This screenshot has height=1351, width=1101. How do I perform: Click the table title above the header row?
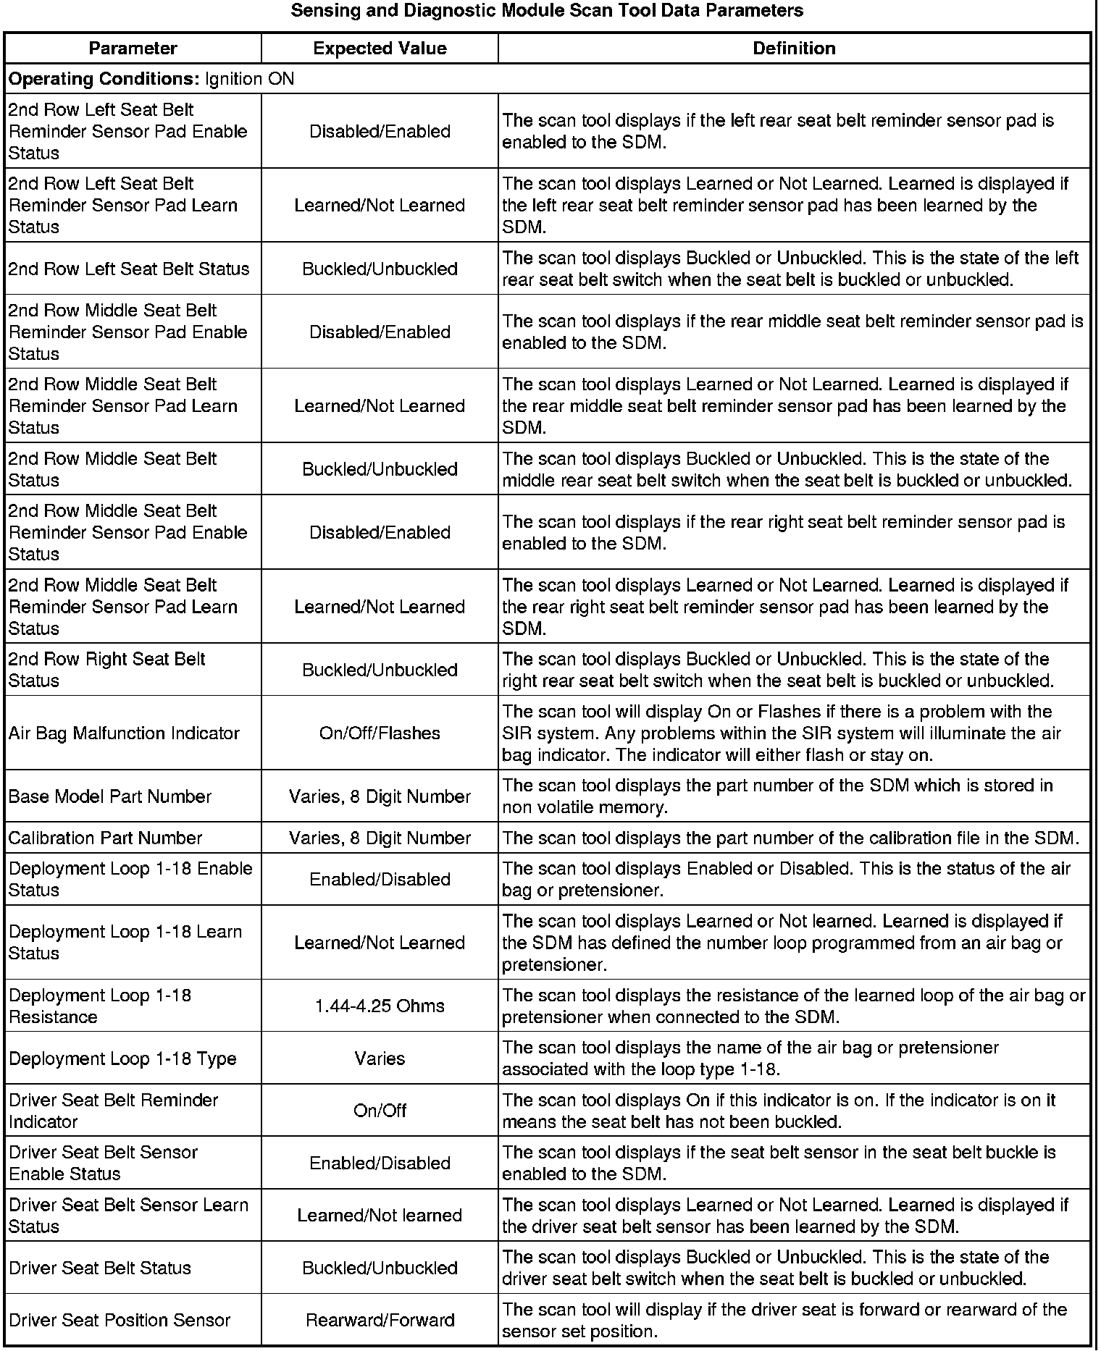[x=547, y=11]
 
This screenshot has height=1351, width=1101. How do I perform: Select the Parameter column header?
[x=133, y=49]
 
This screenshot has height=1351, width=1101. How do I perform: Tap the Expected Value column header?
[x=380, y=49]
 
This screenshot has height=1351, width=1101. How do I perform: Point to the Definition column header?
[x=794, y=49]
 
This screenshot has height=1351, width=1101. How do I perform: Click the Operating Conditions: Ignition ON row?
[x=151, y=78]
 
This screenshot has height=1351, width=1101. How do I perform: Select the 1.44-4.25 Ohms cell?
[x=380, y=1006]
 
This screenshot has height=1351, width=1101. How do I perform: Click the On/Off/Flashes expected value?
[x=380, y=733]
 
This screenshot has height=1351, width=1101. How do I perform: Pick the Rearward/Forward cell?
[x=380, y=1320]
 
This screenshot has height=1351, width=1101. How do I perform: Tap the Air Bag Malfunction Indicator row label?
[x=124, y=733]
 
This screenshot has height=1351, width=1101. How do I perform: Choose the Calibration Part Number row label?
[x=105, y=838]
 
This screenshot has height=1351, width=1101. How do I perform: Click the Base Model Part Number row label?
[x=109, y=796]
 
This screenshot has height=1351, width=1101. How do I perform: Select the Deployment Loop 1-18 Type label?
[x=122, y=1059]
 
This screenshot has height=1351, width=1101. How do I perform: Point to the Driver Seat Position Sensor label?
[x=120, y=1320]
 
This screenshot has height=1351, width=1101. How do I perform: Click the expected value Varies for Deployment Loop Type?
[x=380, y=1059]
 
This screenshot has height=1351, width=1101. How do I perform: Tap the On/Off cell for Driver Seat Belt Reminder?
[x=380, y=1111]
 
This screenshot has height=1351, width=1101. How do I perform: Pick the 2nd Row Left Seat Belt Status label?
[x=128, y=269]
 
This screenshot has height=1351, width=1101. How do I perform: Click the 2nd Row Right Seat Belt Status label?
[x=106, y=670]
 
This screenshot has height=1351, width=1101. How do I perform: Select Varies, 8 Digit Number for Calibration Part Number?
[x=380, y=838]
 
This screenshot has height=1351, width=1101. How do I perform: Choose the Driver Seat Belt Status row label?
[x=100, y=1268]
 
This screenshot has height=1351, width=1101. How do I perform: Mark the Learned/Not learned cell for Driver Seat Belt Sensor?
[x=380, y=1215]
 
